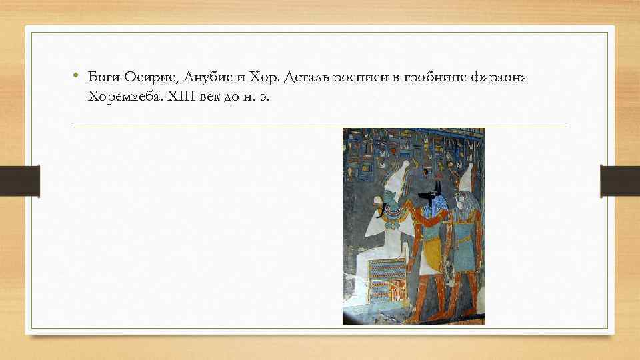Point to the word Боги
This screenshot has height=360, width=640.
pyautogui.click(x=103, y=79)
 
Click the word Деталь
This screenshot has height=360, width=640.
pyautogui.click(x=306, y=79)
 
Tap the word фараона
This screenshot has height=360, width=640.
pyautogui.click(x=497, y=79)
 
